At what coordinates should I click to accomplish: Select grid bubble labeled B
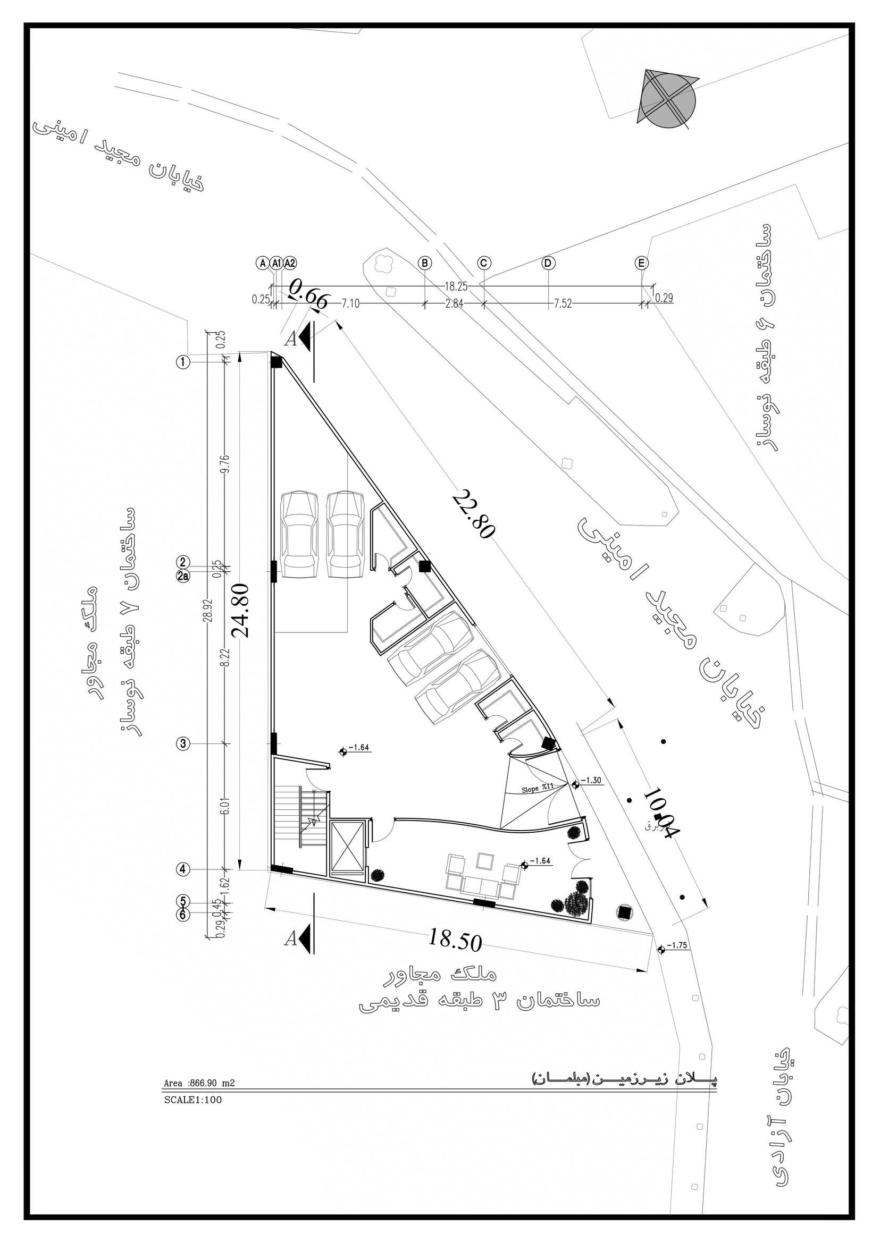(425, 263)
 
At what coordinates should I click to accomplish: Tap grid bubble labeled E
(641, 263)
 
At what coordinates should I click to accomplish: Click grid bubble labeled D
(548, 263)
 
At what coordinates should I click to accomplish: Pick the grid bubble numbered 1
(183, 361)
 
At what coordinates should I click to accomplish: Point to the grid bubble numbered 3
(183, 743)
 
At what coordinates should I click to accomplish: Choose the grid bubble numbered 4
(183, 869)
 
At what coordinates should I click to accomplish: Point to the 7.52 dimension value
(563, 304)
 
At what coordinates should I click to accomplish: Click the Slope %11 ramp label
(537, 789)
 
